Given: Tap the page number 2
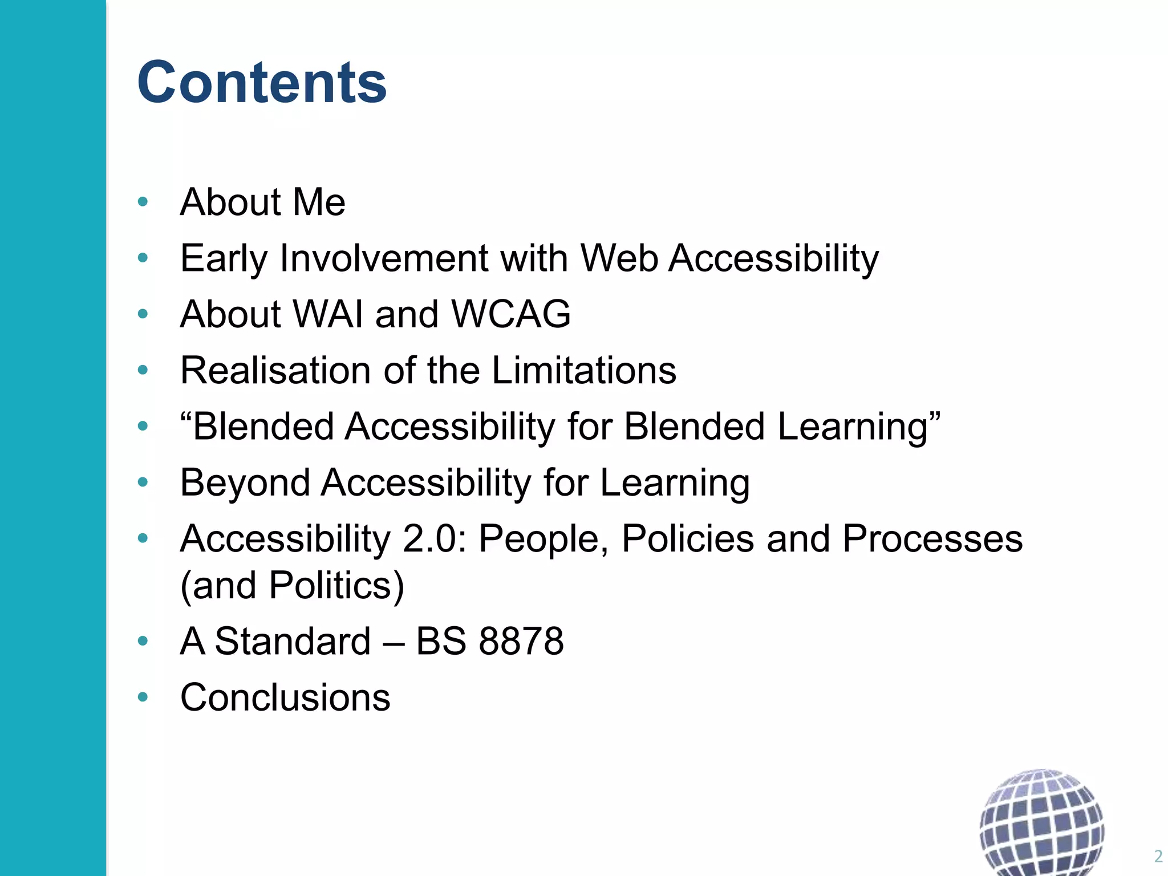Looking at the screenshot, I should pos(1158,856).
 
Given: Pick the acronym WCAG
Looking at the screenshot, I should pos(510,314).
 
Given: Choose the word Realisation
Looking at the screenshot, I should pos(275,370).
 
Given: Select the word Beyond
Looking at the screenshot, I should pos(245,483).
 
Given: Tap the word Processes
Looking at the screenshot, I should pos(932,539).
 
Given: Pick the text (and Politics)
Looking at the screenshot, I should pos(292,586).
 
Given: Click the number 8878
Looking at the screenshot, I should pos(521,641).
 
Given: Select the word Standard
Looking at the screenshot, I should pos(293,641).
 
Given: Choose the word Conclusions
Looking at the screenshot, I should pos(285,697).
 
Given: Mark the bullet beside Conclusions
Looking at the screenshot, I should pos(143,697).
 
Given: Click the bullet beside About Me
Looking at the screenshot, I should pos(143,201).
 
